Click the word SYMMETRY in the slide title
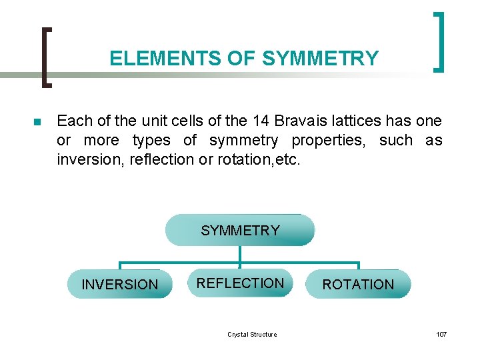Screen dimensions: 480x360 [x=321, y=59]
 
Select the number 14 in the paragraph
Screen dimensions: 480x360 [x=261, y=121]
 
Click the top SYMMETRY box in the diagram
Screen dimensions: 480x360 [x=240, y=231]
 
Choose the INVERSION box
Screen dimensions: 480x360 [x=120, y=285]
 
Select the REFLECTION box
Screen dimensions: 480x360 [x=240, y=283]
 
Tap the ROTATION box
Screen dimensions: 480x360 [x=359, y=285]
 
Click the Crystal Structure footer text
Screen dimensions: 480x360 [x=252, y=334]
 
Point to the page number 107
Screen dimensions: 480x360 [x=441, y=334]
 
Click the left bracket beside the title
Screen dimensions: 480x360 [x=47, y=57]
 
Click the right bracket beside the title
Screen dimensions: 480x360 [x=439, y=41]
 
